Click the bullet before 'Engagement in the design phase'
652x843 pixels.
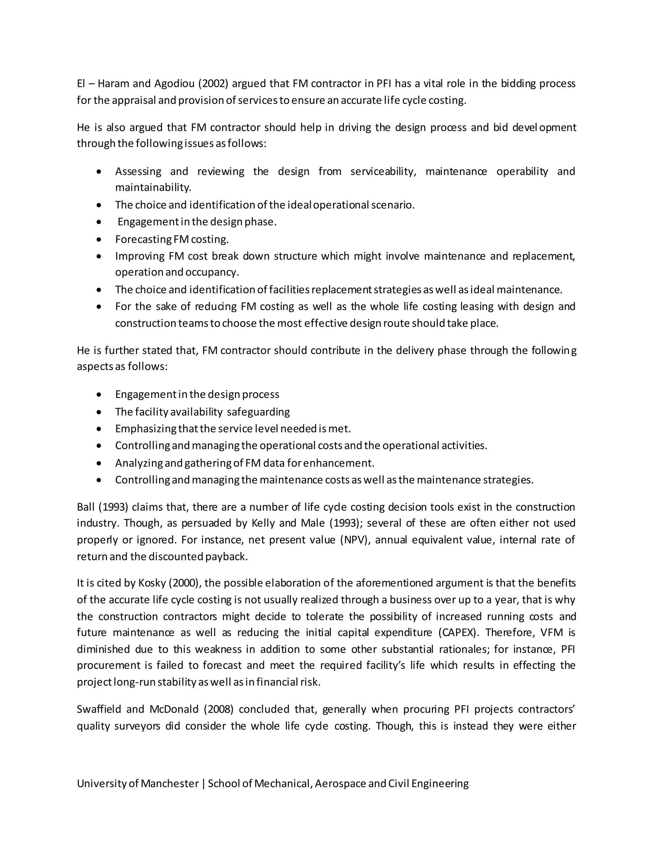tap(100, 222)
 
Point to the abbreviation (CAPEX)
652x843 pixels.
tap(459, 633)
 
